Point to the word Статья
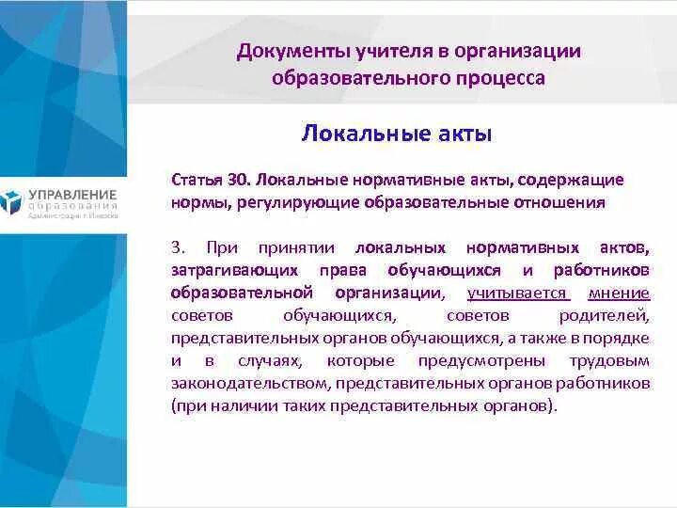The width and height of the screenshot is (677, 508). pyautogui.click(x=197, y=179)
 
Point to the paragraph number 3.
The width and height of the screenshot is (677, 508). pyautogui.click(x=177, y=247)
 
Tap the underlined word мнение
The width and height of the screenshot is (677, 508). pyautogui.click(x=619, y=293)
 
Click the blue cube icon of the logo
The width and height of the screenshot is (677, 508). pyautogui.click(x=10, y=201)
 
